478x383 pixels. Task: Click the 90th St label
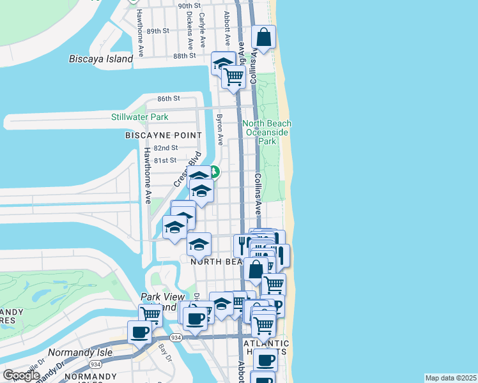click(189, 6)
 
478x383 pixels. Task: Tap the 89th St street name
click(157, 31)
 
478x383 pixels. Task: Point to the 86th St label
click(169, 98)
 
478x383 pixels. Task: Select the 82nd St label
click(165, 147)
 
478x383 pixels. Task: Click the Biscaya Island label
click(100, 59)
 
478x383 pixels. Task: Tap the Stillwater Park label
click(140, 117)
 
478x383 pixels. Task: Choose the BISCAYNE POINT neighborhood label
click(164, 135)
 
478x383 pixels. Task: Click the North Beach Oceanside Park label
click(266, 132)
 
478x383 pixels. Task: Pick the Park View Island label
click(162, 301)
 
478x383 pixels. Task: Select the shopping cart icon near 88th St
click(234, 77)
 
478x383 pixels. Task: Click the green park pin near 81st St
click(215, 172)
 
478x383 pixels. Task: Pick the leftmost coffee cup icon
click(140, 331)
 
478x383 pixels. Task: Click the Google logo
click(21, 375)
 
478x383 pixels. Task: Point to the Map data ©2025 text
click(451, 378)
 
